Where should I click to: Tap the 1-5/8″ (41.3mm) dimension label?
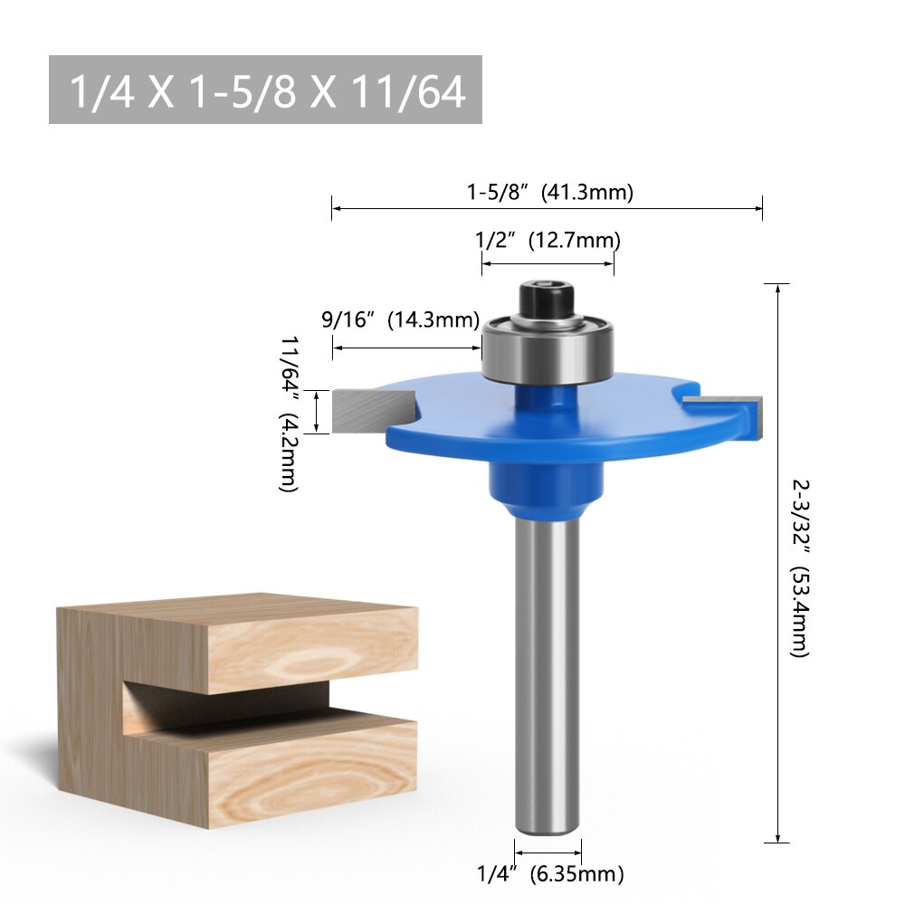(x=549, y=192)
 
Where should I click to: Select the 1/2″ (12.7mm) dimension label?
(x=548, y=241)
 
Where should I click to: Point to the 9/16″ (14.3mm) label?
(x=400, y=319)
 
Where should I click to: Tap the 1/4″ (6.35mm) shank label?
(x=550, y=874)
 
